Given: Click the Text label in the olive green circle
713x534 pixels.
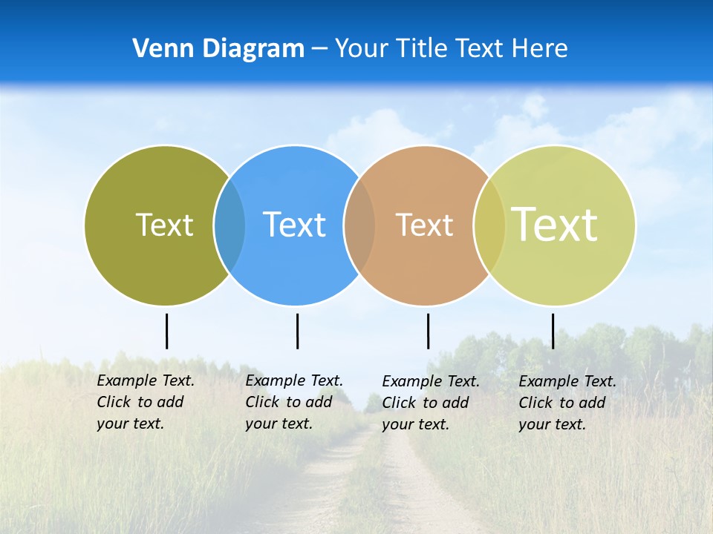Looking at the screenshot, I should pos(164,225).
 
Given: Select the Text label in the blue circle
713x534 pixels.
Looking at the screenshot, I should pos(294,225).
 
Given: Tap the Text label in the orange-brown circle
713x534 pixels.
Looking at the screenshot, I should pos(424,225).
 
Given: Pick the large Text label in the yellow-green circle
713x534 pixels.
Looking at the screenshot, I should pos(555,224).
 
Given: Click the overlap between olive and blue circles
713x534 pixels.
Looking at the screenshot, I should pos(229,225).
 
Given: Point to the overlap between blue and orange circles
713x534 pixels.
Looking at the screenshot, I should pos(359,225).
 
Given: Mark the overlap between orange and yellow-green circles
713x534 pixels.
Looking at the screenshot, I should pos(489,225).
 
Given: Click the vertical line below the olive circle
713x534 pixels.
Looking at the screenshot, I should pos(166,331).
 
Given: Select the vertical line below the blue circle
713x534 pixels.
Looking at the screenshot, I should pos(297,331).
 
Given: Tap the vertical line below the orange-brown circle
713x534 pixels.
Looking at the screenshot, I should pos(428,331).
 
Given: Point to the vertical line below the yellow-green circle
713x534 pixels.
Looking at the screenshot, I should pos(553,331).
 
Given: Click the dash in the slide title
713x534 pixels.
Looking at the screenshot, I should pos(319,49).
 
